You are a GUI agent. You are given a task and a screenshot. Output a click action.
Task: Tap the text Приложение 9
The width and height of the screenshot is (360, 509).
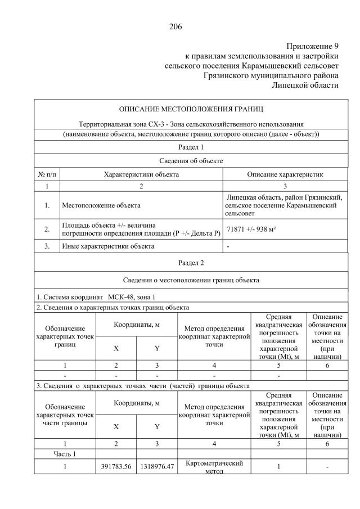(x=312, y=47)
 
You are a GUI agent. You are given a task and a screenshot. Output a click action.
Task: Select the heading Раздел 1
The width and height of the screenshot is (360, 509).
(x=191, y=147)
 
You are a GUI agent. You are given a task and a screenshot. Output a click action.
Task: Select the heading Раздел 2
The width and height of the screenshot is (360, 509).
(x=191, y=263)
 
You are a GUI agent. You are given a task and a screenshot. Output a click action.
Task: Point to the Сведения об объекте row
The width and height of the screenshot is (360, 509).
(x=191, y=161)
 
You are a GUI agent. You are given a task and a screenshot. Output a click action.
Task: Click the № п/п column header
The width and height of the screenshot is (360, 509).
(x=47, y=174)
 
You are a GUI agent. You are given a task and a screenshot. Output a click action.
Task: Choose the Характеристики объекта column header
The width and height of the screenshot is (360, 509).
(x=141, y=174)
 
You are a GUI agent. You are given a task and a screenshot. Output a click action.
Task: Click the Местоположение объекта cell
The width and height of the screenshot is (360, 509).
(x=101, y=206)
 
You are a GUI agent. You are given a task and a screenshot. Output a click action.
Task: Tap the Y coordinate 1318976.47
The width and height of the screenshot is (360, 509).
(x=156, y=466)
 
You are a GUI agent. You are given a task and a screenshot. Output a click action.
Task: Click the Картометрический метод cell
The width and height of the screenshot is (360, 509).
(x=214, y=467)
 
